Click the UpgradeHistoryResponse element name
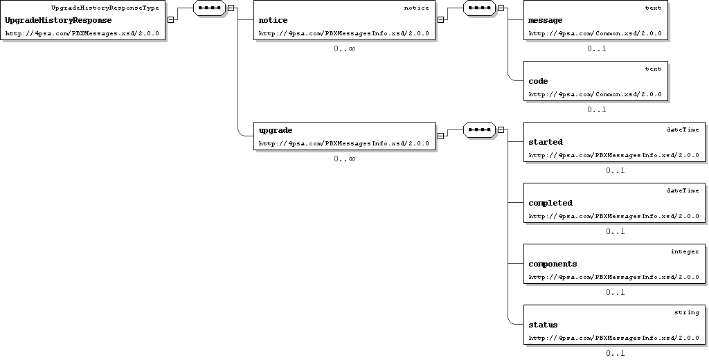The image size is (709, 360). tap(58, 20)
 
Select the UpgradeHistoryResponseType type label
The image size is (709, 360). tap(105, 8)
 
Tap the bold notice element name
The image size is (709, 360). tap(273, 20)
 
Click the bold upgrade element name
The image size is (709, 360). tap(276, 131)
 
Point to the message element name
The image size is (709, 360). tap(546, 20)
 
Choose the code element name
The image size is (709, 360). tap(538, 82)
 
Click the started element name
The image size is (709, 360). tap(546, 142)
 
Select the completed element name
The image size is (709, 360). tap(550, 203)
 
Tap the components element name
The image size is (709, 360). tap(553, 264)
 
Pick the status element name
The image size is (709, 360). tap(543, 325)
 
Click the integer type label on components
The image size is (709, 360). tap(685, 251)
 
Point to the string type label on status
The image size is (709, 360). tap(686, 312)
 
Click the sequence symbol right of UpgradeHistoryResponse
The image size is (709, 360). tap(209, 8)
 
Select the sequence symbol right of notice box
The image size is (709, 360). tap(479, 8)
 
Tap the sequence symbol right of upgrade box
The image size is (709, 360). tap(479, 129)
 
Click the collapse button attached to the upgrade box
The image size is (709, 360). tap(440, 136)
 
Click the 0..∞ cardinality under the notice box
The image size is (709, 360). tap(345, 48)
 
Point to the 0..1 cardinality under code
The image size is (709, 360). tap(596, 109)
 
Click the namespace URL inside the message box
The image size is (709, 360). tap(595, 33)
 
